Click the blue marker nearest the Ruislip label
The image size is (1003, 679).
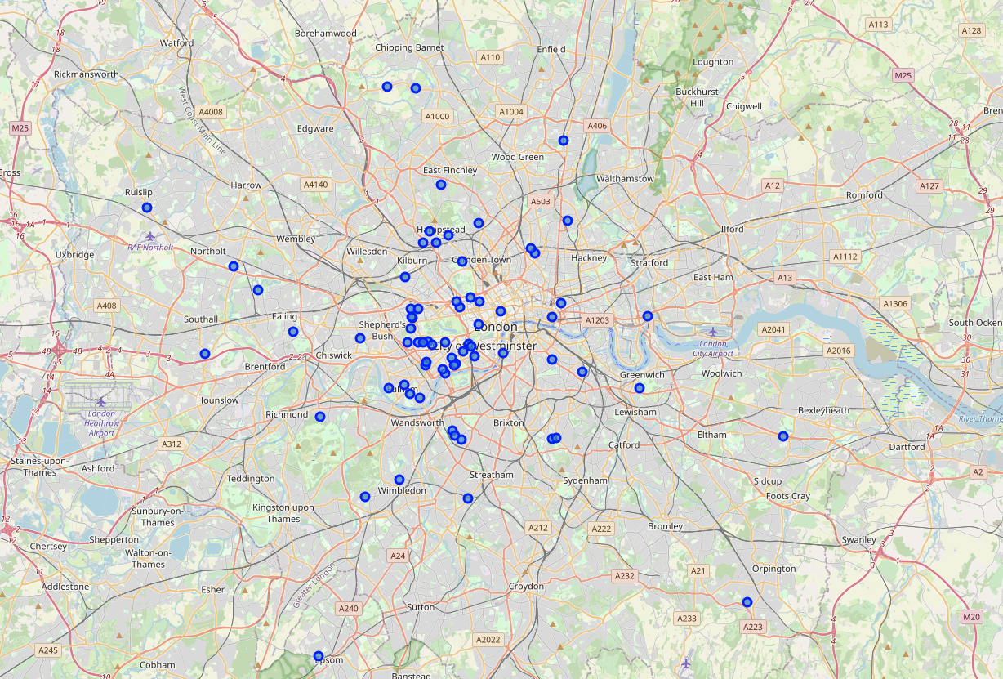[x=147, y=208]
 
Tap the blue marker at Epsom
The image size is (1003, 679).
[x=319, y=656]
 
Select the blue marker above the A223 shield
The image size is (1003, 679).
[x=747, y=602]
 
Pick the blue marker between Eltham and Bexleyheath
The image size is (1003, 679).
[x=783, y=436]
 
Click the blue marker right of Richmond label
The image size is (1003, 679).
[x=320, y=417]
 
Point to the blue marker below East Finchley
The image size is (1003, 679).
[x=441, y=185]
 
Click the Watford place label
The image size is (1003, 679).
[x=177, y=42]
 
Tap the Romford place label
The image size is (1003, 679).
[x=864, y=195]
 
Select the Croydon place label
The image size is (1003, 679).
[x=526, y=587]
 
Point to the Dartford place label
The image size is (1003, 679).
[x=907, y=447]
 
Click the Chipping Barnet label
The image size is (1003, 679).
[x=409, y=47]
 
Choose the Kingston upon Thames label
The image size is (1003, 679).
[x=283, y=513]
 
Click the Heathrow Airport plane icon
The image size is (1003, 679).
[x=101, y=401]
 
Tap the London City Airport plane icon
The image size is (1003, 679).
[x=714, y=331]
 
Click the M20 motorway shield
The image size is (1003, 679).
[x=971, y=617]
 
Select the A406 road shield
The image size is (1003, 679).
[x=597, y=126]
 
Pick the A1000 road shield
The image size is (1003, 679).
[x=437, y=116]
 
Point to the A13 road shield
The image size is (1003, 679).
[x=785, y=278]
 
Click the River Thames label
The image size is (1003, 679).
[x=980, y=418]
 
